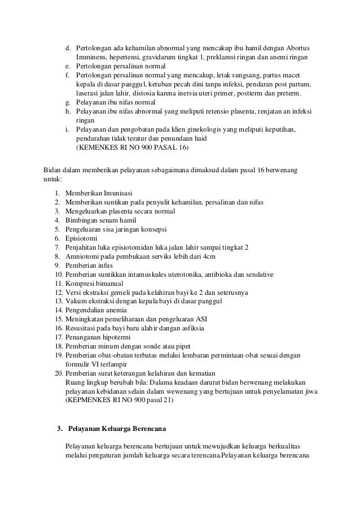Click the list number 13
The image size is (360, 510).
click(58, 302)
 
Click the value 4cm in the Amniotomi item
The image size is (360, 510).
click(209, 256)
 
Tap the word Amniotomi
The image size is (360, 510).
click(83, 256)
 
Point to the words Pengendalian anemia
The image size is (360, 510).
click(96, 311)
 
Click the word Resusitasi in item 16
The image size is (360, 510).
click(82, 329)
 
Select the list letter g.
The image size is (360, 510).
click(67, 103)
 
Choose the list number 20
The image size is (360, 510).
click(58, 372)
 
